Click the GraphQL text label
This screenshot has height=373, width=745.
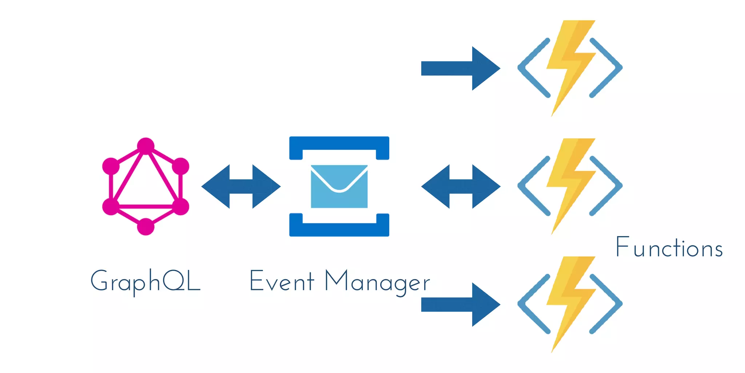point(146,282)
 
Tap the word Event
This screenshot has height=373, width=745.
point(282,281)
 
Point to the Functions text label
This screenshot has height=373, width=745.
point(669,248)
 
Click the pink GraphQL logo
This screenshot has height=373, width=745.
point(146,186)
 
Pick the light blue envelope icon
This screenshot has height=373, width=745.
point(339,186)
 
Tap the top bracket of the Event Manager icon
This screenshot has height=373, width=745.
point(339,143)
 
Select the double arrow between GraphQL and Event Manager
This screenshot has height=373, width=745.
point(241,186)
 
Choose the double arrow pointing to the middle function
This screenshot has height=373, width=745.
point(461,186)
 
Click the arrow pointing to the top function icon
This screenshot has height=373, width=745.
point(461,68)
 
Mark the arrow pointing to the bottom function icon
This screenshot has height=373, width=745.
point(461,305)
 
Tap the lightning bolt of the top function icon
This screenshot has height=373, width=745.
point(570,62)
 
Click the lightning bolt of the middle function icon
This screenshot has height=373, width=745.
point(570,180)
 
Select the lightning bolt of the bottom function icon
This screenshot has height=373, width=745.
point(570,299)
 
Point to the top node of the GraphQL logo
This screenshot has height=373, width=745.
point(146,146)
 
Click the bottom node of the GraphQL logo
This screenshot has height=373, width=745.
point(146,227)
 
